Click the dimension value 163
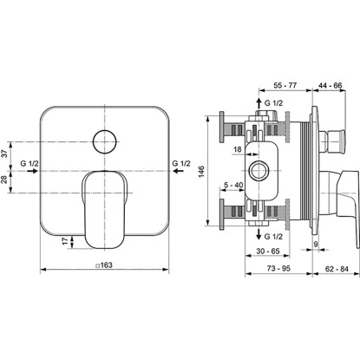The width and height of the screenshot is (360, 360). (106, 265)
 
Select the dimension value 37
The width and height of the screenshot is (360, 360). (5, 154)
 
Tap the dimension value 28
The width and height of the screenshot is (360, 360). (5, 180)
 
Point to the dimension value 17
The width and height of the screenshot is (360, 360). (66, 240)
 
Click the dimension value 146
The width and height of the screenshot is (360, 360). (201, 172)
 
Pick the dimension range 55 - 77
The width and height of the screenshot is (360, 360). (285, 86)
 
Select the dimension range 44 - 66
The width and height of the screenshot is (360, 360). (330, 86)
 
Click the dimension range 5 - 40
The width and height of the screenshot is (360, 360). (233, 185)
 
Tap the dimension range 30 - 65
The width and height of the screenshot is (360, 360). (268, 251)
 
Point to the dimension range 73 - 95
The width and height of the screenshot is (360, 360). (278, 269)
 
